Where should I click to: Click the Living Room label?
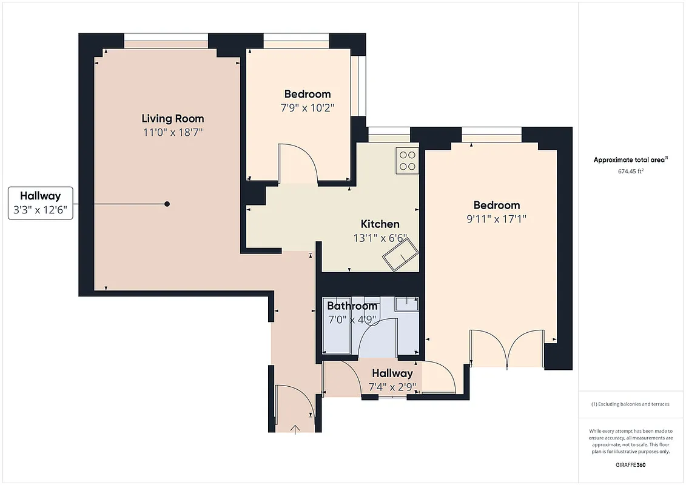pos(173,118)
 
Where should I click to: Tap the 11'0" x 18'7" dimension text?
pos(173,132)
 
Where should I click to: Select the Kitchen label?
pos(380,224)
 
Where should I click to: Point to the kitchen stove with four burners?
pos(408,160)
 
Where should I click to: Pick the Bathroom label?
pos(352,306)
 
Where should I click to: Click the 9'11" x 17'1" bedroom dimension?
pos(496,219)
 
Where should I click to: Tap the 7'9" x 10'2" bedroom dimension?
pos(308,107)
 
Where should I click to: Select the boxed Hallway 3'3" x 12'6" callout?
pos(40,203)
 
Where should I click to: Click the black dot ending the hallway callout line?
pos(167,204)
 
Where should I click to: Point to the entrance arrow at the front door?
pos(295,429)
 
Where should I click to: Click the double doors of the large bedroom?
pos(507,349)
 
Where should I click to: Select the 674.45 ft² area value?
pos(630,171)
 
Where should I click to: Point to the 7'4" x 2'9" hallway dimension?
pos(392,386)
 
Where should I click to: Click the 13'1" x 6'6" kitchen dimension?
pos(380,238)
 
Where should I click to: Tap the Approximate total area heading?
pos(630,160)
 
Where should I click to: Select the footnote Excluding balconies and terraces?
pos(630,404)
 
